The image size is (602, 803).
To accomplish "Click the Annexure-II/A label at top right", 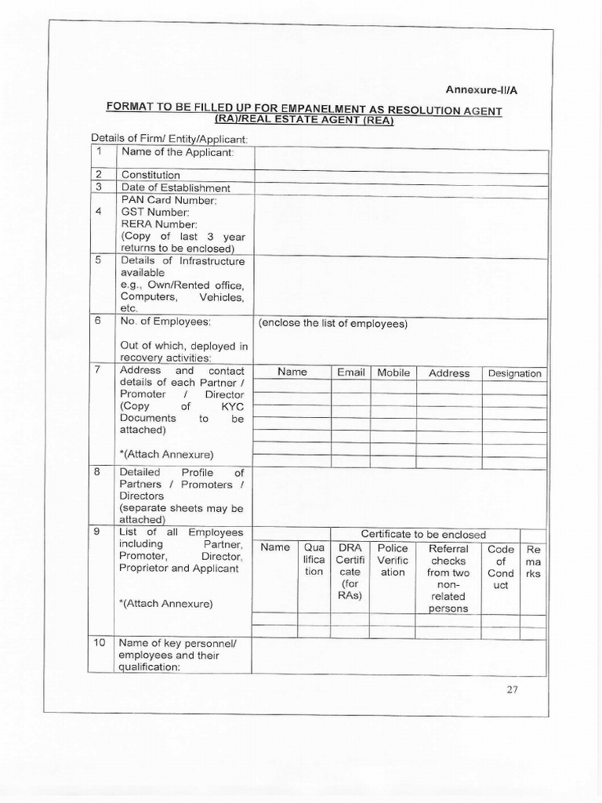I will (x=482, y=90).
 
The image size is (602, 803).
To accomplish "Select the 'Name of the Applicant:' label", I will (x=177, y=152).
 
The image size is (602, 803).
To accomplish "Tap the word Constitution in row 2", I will (x=150, y=175).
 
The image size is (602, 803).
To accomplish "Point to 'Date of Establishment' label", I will (x=176, y=188).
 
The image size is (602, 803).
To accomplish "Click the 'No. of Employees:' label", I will (x=165, y=322).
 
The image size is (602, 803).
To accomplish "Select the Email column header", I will (x=351, y=372).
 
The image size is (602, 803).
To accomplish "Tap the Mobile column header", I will (x=393, y=372).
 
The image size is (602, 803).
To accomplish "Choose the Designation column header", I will (x=514, y=373).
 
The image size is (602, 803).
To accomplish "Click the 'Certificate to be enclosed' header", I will (x=423, y=535).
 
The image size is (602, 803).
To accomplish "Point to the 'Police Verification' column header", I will (x=393, y=560).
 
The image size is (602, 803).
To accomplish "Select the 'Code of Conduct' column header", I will (x=501, y=566).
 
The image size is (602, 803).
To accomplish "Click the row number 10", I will (x=100, y=643).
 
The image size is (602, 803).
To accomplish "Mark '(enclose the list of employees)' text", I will (x=332, y=323).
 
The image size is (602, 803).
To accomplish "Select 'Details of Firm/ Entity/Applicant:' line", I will (x=169, y=139).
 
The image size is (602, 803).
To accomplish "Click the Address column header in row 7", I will (x=449, y=373).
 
